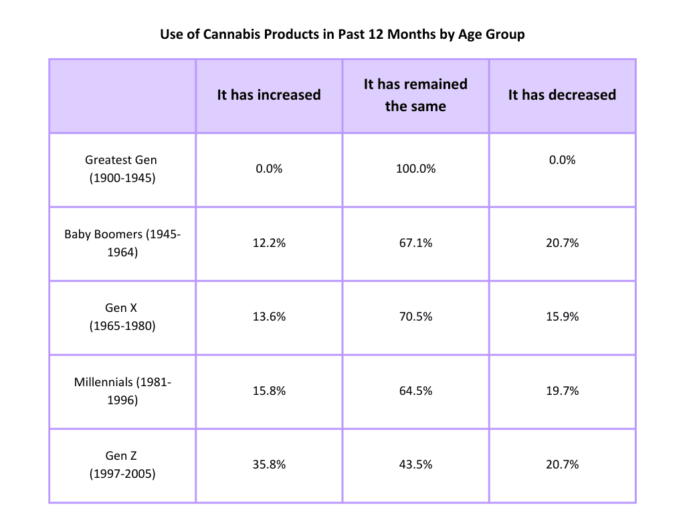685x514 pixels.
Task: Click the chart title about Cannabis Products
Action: [342, 34]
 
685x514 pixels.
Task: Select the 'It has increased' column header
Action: [269, 95]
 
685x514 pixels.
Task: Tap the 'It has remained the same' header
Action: [415, 95]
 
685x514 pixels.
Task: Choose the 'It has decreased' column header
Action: [562, 95]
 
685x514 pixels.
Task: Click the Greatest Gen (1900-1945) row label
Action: [122, 169]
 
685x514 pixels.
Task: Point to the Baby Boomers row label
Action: [122, 244]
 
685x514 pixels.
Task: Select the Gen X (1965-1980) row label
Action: [122, 317]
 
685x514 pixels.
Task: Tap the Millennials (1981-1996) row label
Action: [122, 391]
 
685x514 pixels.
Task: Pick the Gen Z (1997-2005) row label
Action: [122, 465]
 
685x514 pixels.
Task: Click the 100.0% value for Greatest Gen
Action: [415, 169]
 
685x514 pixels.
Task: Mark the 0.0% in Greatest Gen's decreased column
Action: [562, 161]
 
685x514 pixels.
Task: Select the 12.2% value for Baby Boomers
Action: [269, 244]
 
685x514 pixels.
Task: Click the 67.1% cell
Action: [415, 244]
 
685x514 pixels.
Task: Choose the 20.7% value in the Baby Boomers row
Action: [562, 244]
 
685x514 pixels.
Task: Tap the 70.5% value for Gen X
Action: [415, 317]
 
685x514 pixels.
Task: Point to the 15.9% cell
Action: [562, 317]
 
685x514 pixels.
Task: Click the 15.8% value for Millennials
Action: [269, 391]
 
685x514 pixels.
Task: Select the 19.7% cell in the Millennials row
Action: [562, 391]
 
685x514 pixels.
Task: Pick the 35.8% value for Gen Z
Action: [269, 464]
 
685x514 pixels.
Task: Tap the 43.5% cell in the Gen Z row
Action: [415, 464]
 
